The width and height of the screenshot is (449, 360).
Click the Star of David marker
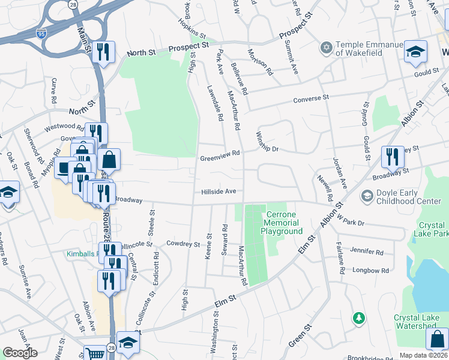(326, 47)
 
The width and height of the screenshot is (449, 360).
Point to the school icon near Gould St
(415, 52)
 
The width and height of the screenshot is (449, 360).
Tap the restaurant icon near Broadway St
(393, 157)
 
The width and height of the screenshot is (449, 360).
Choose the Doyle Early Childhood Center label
(408, 197)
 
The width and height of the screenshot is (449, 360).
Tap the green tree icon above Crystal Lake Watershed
(358, 317)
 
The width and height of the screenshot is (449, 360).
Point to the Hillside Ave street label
(221, 191)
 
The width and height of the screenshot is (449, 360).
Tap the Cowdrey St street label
(182, 244)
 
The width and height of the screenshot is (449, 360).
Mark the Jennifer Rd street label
(368, 253)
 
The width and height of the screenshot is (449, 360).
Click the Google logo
(20, 353)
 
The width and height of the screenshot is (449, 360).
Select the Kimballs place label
(82, 254)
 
